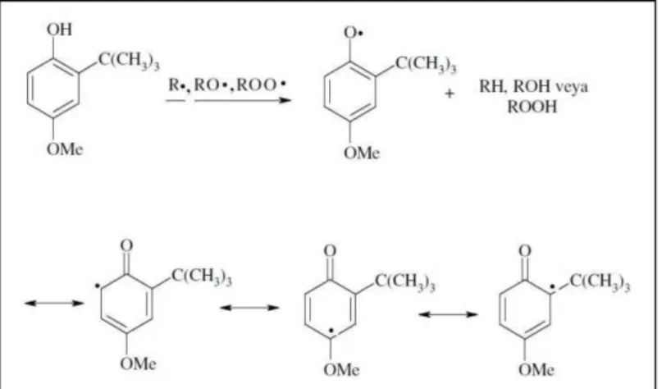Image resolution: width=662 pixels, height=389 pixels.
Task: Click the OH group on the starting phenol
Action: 60,30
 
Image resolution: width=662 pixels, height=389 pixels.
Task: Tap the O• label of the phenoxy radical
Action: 354,33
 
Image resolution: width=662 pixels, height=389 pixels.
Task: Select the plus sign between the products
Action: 450,94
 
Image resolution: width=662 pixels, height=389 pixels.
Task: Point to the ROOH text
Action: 532,107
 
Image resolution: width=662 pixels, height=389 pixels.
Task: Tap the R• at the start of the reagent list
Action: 179,85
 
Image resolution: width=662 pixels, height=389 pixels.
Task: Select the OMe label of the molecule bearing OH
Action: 65,149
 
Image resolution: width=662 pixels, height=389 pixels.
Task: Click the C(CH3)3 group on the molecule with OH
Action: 129,62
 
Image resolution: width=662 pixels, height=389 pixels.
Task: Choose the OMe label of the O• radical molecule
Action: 362,153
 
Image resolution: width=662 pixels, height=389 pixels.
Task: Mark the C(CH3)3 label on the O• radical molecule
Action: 426,65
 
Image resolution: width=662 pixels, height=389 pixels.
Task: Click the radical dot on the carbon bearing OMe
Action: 332,330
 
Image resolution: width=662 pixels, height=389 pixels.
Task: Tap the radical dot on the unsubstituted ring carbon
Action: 97,286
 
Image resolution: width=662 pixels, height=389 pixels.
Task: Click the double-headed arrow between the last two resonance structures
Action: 448,314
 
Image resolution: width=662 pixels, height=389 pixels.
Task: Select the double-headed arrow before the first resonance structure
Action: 54,303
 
